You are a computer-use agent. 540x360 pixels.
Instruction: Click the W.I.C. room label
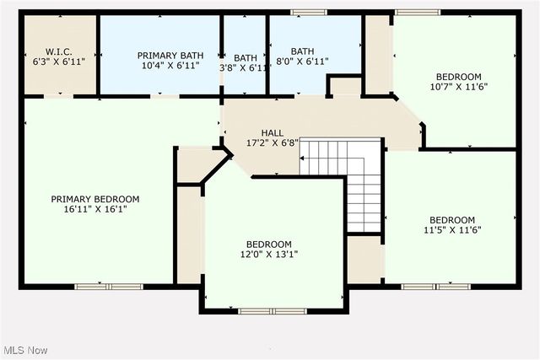point(58,51)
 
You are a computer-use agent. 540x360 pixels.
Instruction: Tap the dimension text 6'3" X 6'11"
point(58,62)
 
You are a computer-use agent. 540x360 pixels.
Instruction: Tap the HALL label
point(272,132)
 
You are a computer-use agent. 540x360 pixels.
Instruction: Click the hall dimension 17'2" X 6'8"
point(272,143)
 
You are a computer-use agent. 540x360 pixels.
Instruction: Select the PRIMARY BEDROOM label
point(94,199)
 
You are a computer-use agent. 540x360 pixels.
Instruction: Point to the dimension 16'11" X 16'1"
point(94,210)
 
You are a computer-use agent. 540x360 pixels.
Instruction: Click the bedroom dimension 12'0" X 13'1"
point(269,255)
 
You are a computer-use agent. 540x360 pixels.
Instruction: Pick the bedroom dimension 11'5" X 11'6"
point(451,229)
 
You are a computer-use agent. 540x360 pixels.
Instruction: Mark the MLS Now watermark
point(24,350)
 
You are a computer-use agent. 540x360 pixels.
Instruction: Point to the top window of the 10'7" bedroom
point(418,12)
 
